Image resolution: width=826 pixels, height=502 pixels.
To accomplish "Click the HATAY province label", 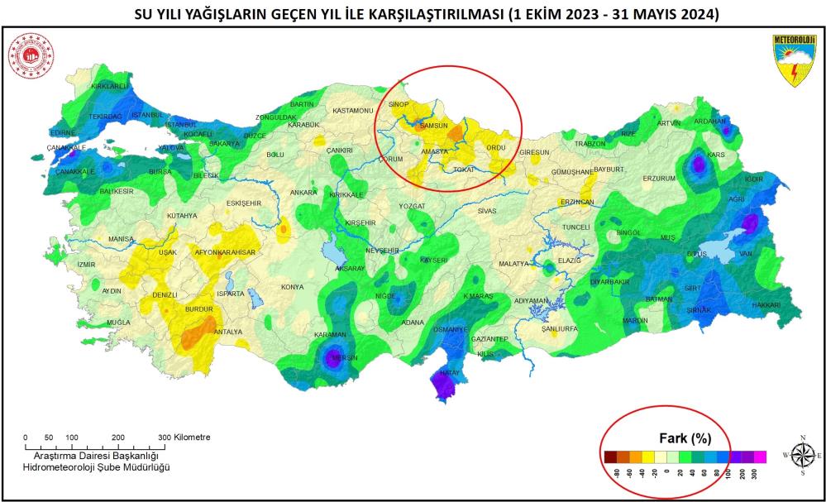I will click(449, 374).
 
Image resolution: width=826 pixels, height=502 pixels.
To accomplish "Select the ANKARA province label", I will click(303, 193).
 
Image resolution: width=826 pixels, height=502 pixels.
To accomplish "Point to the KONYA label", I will click(292, 287).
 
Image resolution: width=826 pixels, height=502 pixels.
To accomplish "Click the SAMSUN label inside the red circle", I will click(434, 127).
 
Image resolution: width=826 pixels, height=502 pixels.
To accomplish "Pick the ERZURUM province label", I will click(659, 178).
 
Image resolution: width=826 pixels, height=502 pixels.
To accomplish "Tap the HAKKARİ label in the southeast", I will click(766, 305).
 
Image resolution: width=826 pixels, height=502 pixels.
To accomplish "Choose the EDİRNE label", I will click(63, 132).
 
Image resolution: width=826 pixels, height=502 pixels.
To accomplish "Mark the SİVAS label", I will click(487, 211).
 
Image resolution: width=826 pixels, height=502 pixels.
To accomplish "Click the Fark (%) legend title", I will click(684, 437).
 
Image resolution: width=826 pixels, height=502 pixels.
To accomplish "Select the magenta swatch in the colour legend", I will click(760, 457).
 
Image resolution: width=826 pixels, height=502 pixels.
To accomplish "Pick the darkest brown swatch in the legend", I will click(609, 457).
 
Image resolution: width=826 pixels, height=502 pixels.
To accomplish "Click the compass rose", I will click(801, 455).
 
